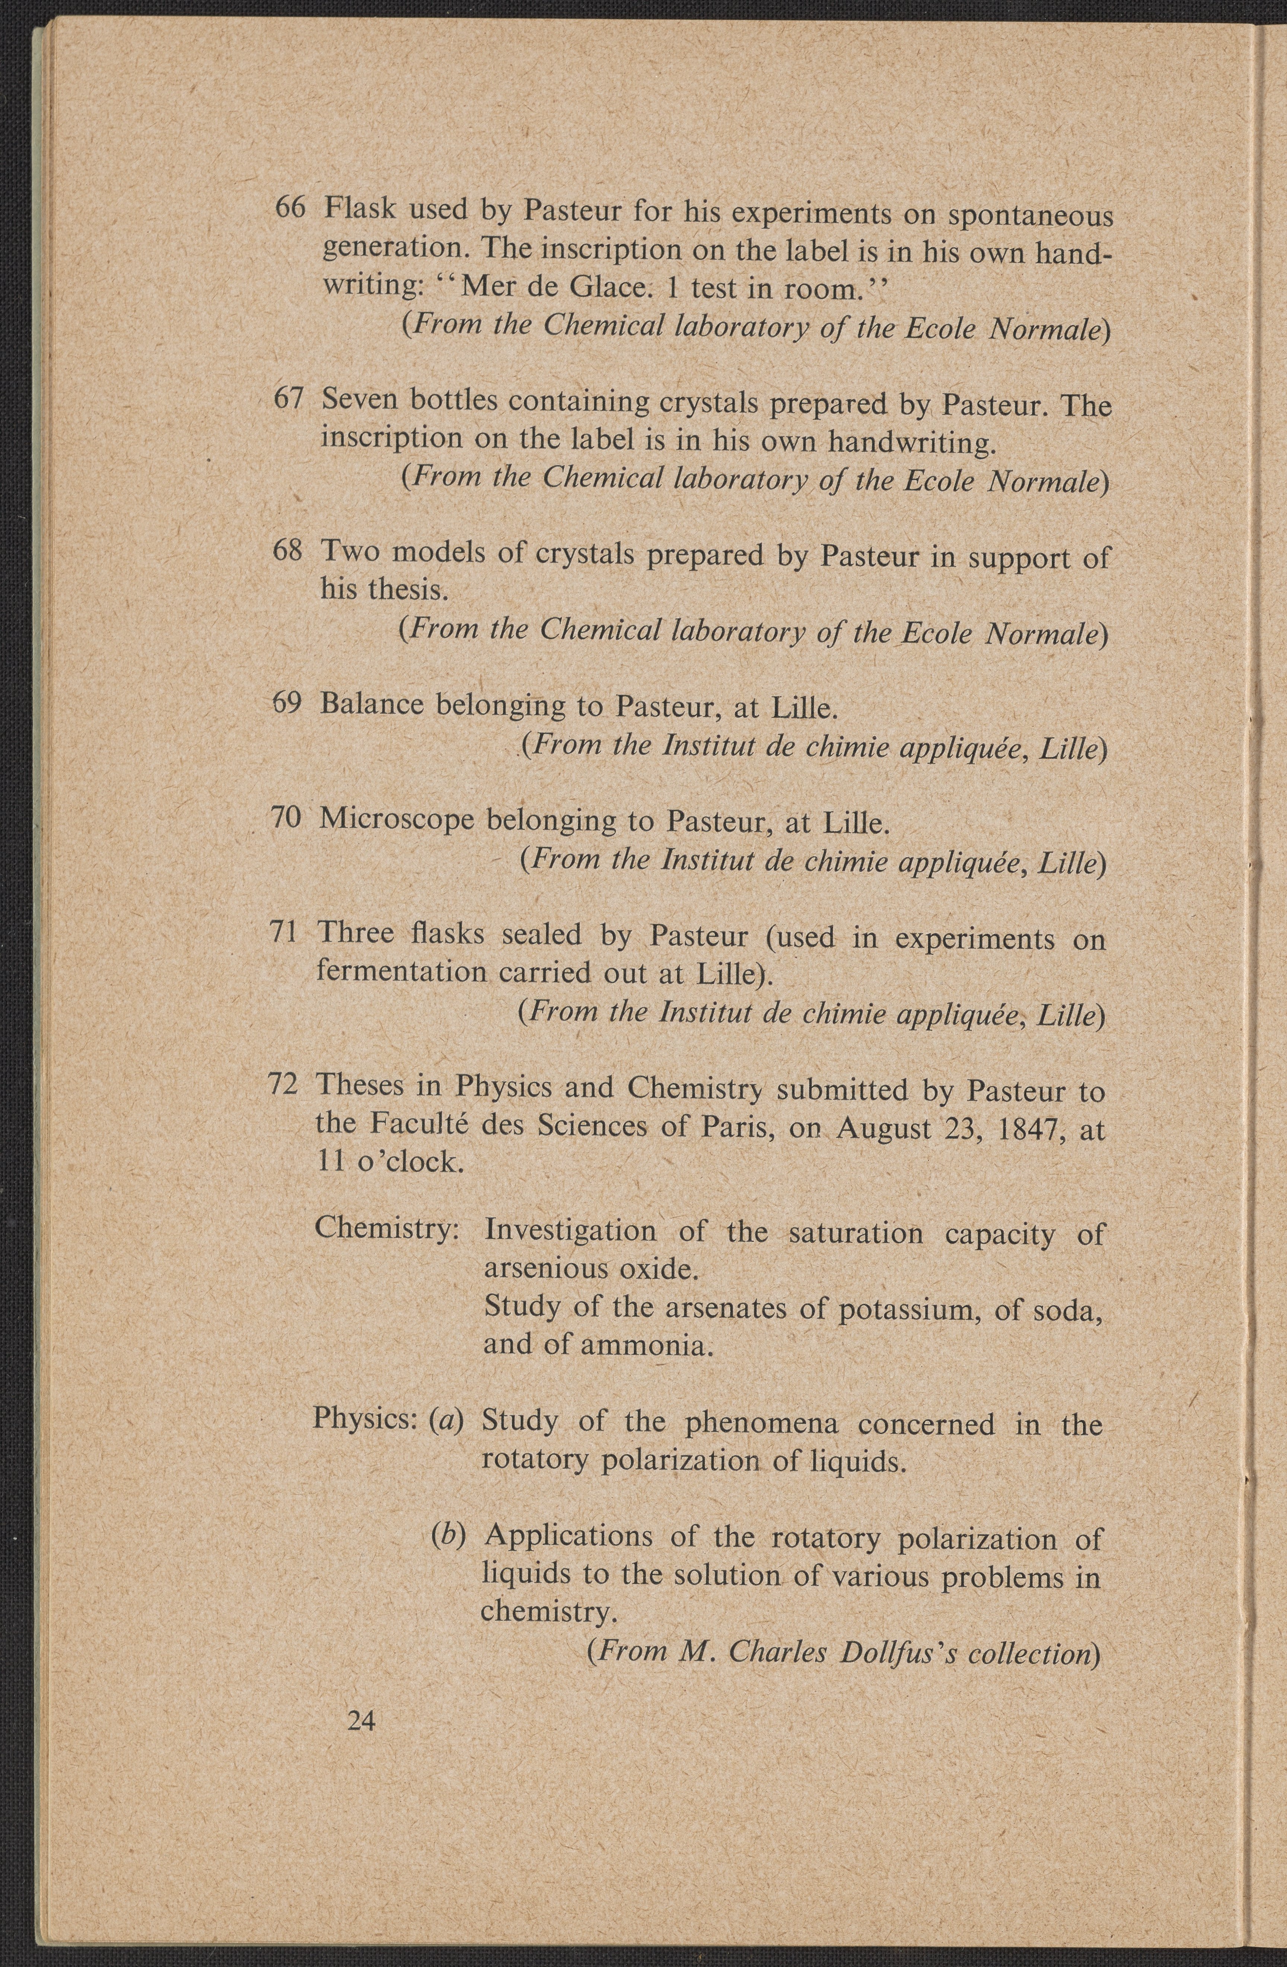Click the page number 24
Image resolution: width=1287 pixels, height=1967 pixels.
pyautogui.click(x=362, y=1721)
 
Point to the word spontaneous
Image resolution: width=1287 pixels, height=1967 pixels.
pyautogui.click(x=1030, y=217)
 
